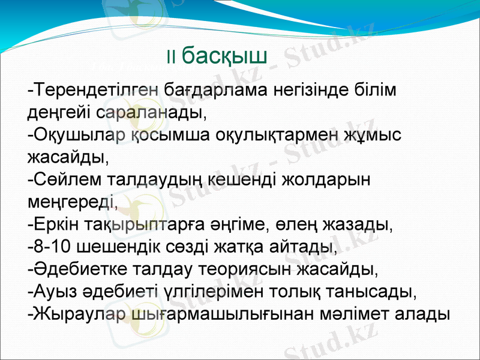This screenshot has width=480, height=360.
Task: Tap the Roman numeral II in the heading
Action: (x=171, y=58)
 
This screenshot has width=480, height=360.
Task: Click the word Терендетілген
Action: (x=95, y=90)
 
